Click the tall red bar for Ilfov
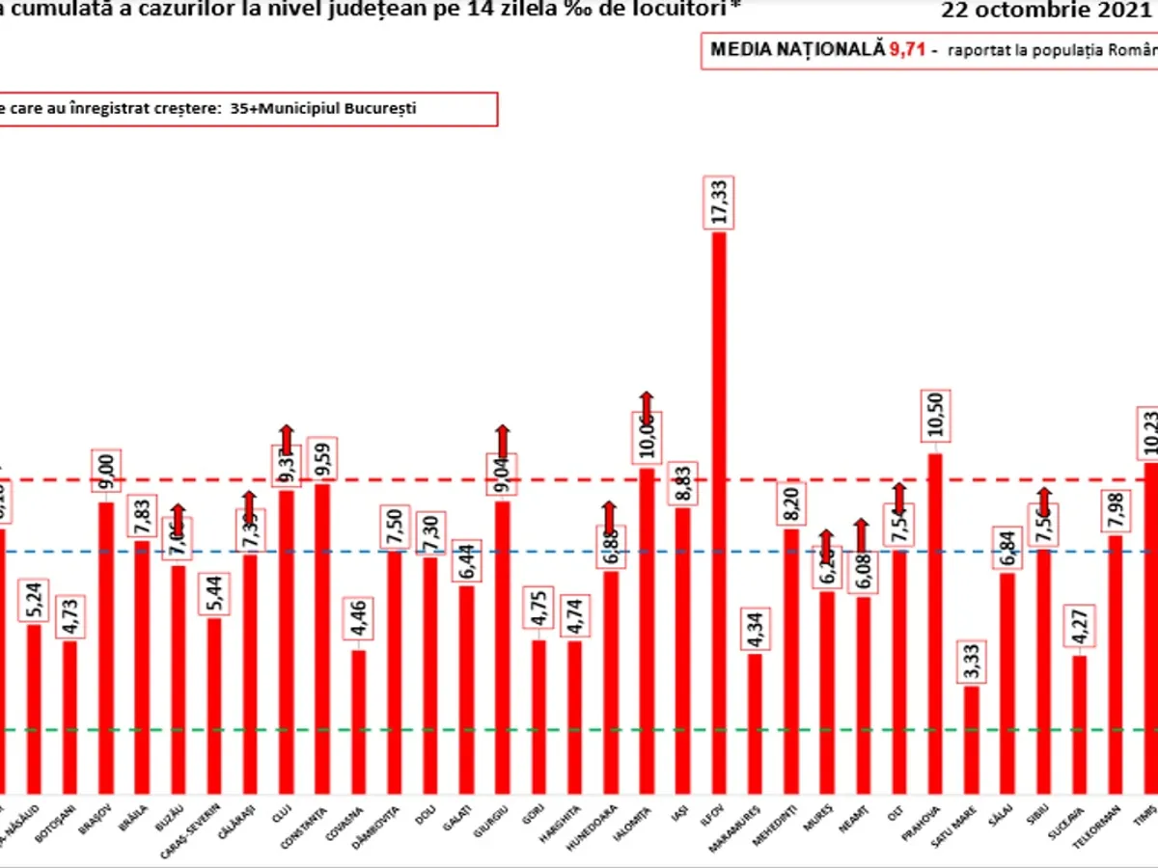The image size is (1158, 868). coord(719,511)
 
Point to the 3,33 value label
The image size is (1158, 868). coord(971,662)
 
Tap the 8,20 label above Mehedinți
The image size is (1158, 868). coord(790,502)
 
